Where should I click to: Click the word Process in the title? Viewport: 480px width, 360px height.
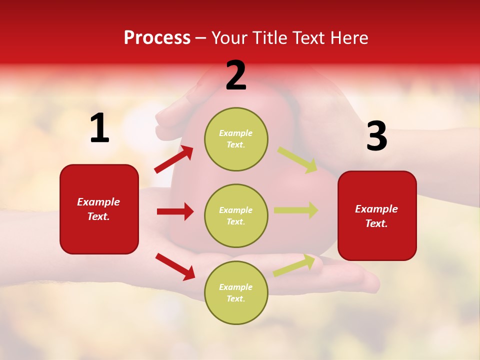[157, 38]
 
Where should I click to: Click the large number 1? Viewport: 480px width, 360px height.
[99, 128]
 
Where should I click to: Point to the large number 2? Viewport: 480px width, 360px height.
[236, 75]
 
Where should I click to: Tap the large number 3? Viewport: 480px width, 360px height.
[376, 136]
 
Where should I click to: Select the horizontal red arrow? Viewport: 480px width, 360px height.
[175, 211]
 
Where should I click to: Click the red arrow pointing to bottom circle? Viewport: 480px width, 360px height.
[175, 266]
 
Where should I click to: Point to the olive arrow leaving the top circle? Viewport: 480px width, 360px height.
[297, 159]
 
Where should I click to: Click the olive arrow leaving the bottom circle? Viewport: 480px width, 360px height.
[294, 265]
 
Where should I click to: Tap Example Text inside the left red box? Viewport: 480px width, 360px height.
[98, 209]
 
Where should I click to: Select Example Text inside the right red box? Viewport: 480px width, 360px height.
[376, 216]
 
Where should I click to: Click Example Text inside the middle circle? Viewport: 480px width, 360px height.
[236, 215]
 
